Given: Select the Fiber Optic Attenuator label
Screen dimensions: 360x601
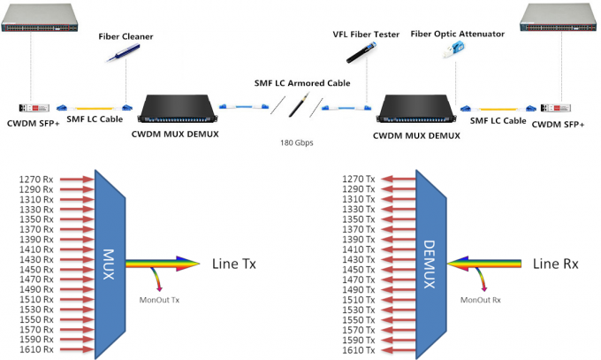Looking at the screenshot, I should [x=457, y=34].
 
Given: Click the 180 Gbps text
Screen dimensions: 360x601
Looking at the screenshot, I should [x=296, y=142].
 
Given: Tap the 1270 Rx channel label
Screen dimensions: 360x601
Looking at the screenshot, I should [x=35, y=180].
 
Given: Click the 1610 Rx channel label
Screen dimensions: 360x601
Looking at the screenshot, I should [x=35, y=350].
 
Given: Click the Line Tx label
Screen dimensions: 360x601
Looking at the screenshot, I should [x=234, y=264].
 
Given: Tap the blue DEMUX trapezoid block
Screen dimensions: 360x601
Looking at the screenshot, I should [x=431, y=263].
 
